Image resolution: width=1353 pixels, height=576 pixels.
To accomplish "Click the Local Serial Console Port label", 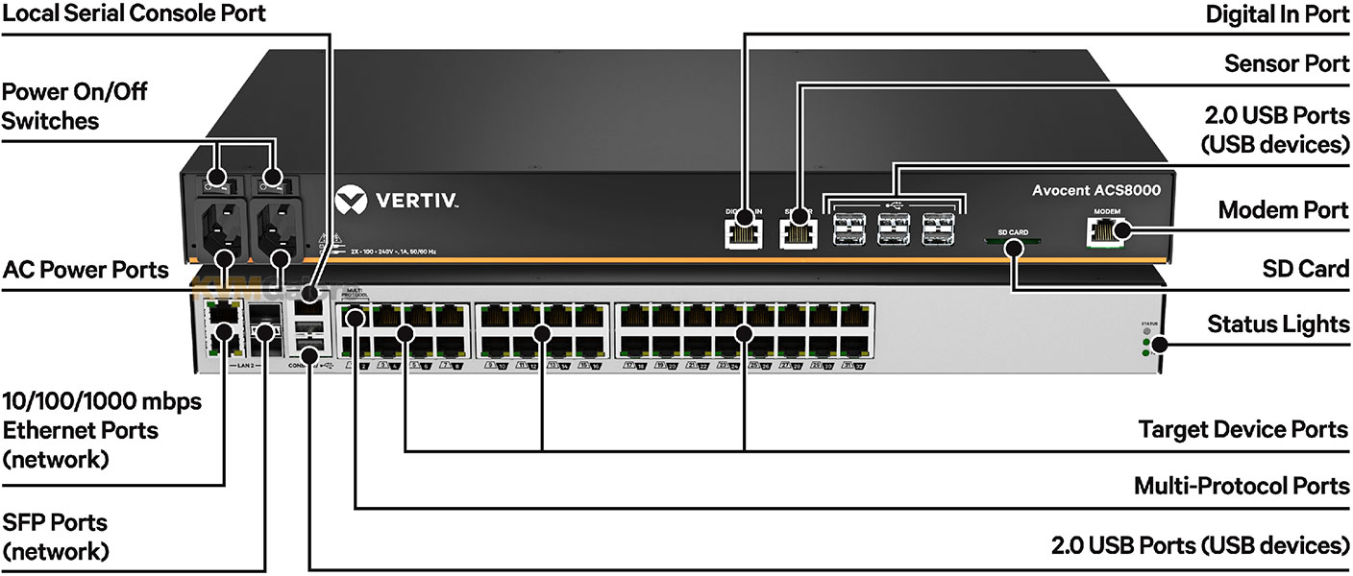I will pyautogui.click(x=134, y=14).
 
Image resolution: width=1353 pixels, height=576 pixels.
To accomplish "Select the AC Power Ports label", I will pyautogui.click(x=85, y=271).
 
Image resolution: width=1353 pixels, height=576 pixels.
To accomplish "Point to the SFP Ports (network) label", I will pyautogui.click(x=55, y=538).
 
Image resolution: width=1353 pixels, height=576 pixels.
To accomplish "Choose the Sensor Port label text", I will pyautogui.click(x=1287, y=64).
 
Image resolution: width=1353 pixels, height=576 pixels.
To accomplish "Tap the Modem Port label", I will pyautogui.click(x=1284, y=210).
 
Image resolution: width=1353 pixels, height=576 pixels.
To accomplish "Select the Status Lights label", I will pyautogui.click(x=1278, y=324).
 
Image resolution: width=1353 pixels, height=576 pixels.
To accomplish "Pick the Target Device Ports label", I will pyautogui.click(x=1243, y=429).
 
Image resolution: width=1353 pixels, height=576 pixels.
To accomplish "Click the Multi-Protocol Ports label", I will pyautogui.click(x=1242, y=486).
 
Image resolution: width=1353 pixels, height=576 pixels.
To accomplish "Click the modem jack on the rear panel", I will pyautogui.click(x=1101, y=229).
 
